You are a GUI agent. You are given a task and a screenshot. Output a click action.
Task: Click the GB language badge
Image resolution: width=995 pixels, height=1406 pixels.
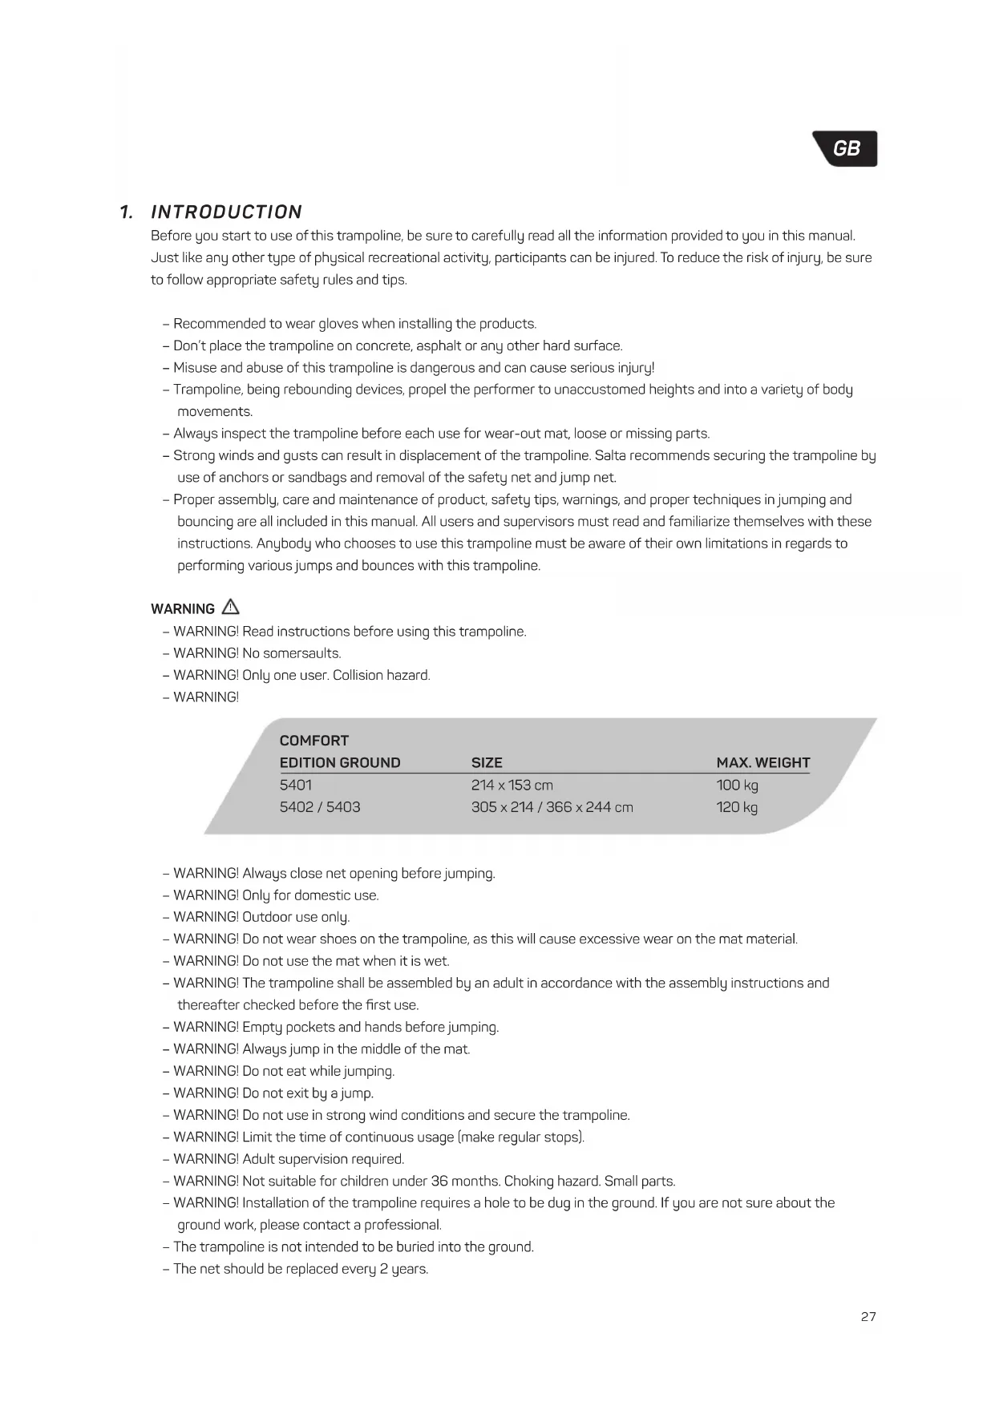click(x=846, y=149)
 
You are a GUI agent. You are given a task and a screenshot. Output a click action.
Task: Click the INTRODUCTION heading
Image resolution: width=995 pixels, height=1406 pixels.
click(x=226, y=212)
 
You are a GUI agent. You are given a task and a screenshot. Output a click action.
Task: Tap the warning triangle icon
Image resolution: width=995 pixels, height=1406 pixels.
click(x=230, y=607)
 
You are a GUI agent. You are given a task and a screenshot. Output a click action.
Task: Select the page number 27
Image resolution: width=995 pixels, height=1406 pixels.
click(x=868, y=1316)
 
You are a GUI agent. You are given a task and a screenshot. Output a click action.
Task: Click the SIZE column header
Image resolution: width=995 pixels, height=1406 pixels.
click(x=487, y=762)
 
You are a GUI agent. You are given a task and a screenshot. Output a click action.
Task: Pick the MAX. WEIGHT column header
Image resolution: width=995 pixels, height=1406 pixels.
click(x=762, y=762)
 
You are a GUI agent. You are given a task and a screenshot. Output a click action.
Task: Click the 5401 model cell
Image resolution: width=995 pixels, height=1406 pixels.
click(x=296, y=785)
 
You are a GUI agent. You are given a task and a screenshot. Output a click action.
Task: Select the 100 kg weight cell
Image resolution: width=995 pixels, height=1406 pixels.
click(x=737, y=785)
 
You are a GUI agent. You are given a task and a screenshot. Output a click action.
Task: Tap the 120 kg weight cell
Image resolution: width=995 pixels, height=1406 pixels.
click(x=737, y=807)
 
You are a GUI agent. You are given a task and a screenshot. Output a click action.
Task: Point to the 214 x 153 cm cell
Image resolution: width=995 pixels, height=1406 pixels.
click(x=512, y=785)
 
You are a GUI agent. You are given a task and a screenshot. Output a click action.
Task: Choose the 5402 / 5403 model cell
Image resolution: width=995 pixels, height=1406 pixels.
click(x=320, y=807)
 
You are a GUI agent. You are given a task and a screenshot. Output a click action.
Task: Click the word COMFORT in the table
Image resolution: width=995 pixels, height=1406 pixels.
click(x=314, y=741)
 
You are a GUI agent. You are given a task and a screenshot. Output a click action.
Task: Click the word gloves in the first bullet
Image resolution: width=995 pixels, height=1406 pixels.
click(x=338, y=324)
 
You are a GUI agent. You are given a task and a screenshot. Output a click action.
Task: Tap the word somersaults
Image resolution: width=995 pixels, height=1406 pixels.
click(x=301, y=653)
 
